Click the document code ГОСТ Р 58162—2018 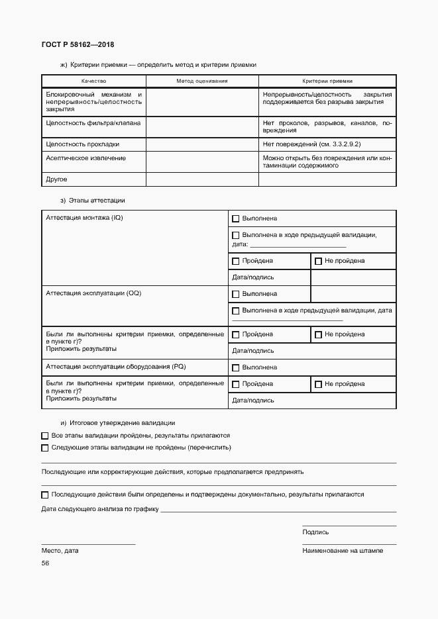pos(78,44)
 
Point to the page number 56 pos(45,563)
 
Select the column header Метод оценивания pos(201,80)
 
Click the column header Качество pos(93,80)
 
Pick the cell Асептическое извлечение pos(85,158)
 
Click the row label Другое pos(56,179)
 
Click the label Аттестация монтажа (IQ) pos(84,218)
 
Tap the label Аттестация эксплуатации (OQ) pos(93,293)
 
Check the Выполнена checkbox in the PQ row pos(235,367)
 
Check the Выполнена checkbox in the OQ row pos(235,294)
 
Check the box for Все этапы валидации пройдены pos(45,436)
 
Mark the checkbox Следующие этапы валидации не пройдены pos(45,448)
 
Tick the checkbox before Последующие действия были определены pos(45,495)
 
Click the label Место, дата pos(60,550)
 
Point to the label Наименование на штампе pos(342,550)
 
